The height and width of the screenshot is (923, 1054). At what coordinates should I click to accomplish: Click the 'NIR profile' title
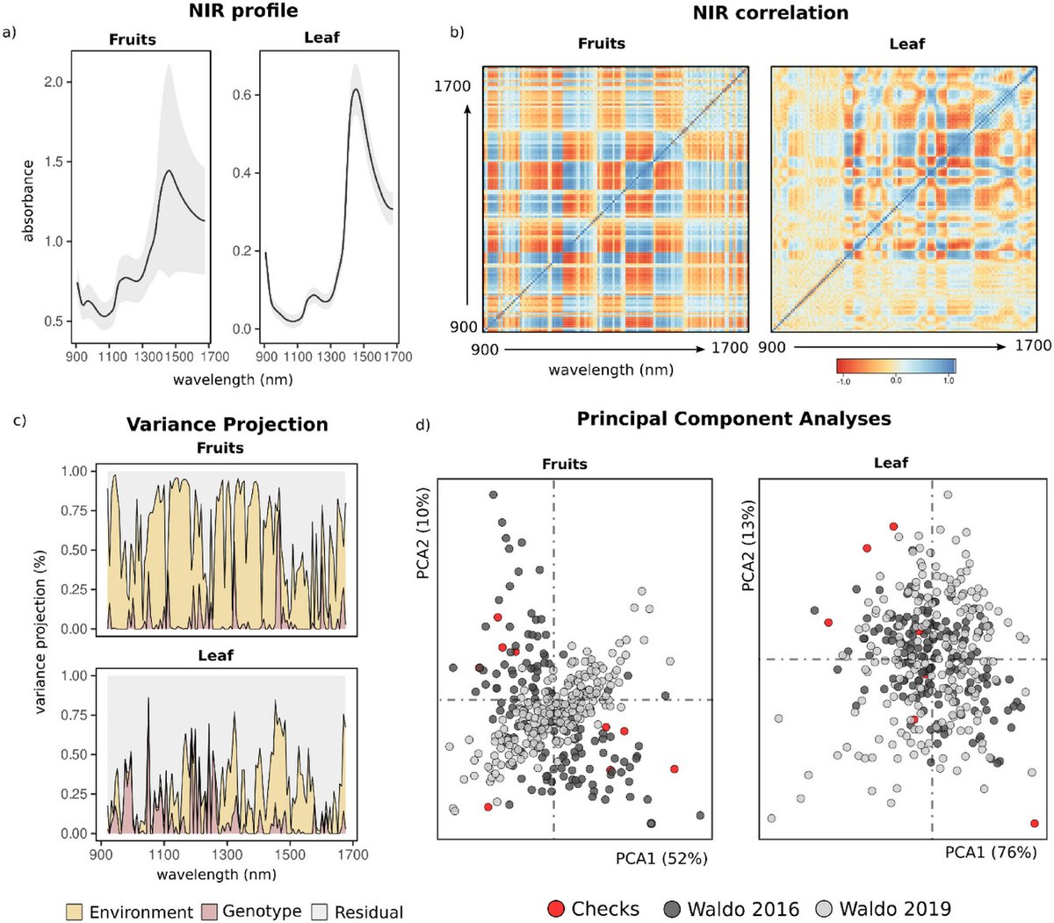242,11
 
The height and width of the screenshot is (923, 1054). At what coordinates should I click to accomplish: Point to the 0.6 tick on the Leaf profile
242,95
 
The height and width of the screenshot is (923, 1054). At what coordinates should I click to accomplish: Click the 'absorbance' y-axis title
28,200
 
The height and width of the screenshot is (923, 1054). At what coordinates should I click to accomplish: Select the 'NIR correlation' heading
770,13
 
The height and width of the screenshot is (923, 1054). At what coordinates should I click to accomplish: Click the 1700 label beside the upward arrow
451,86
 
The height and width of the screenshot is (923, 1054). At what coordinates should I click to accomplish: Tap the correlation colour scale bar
895,365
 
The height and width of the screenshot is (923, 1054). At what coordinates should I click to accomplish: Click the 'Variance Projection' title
227,425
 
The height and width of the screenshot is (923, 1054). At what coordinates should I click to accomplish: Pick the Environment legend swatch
76,912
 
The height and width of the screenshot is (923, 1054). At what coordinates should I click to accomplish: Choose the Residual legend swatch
319,912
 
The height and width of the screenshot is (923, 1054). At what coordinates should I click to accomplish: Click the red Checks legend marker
555,908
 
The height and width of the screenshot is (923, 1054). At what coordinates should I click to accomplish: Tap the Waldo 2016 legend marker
673,908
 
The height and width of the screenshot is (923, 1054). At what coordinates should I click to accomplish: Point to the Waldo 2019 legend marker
825,908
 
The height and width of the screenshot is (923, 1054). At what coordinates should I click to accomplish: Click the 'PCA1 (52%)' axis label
661,858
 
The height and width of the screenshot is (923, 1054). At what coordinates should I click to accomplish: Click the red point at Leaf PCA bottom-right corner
1034,823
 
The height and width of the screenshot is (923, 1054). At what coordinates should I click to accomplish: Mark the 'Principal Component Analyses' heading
733,419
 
